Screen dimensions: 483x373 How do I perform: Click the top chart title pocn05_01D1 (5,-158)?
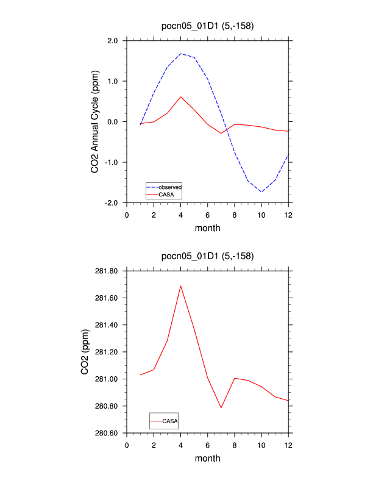[207, 26]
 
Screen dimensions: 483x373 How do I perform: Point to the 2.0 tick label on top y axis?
[112, 41]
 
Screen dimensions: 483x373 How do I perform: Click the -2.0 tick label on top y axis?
[110, 202]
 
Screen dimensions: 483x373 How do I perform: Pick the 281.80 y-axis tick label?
[108, 271]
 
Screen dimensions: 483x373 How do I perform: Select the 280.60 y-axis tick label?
[108, 433]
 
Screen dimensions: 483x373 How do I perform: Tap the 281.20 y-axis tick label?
[108, 352]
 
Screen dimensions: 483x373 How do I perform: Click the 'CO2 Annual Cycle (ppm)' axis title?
[94, 122]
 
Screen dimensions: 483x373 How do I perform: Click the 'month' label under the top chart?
[207, 229]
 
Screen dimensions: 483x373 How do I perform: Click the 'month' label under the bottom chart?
[207, 459]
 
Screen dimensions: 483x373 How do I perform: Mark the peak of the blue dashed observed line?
[181, 54]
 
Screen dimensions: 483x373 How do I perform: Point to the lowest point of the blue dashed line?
[261, 191]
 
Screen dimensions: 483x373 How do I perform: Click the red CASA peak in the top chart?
[181, 96]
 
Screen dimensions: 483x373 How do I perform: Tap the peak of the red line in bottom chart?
[181, 285]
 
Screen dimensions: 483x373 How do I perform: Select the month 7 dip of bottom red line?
[221, 408]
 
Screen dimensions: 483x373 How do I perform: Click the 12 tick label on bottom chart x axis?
[288, 445]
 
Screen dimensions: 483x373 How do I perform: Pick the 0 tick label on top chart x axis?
[127, 215]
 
